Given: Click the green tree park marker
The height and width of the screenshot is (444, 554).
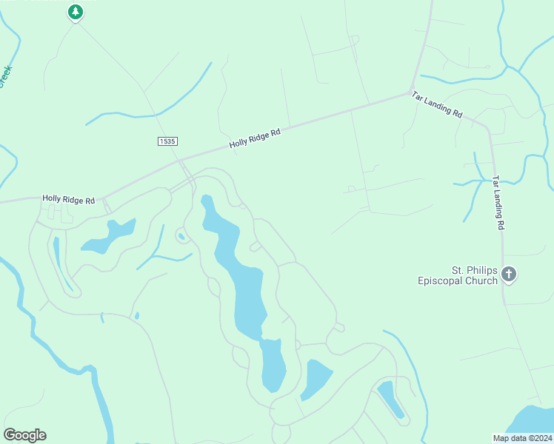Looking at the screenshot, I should point(75,12).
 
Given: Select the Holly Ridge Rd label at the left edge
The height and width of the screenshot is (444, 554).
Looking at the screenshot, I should point(69,199).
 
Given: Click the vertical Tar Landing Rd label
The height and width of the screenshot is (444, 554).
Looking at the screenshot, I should point(499,203).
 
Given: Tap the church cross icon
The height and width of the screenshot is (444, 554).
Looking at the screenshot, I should point(508,274).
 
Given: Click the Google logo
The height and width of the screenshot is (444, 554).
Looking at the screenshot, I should point(24,434).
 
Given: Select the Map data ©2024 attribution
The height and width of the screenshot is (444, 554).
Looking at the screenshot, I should point(522,438).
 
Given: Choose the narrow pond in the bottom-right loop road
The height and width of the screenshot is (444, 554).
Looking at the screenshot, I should point(390,400).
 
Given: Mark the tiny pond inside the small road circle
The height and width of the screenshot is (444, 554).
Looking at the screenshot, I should point(181,237).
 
